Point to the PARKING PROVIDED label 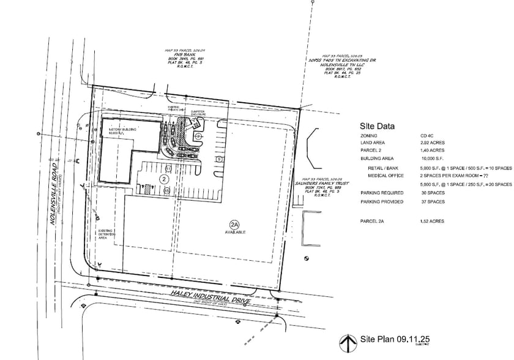pyautogui.click(x=382, y=201)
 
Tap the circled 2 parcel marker pyautogui.click(x=164, y=178)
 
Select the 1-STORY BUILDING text pyautogui.click(x=117, y=130)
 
